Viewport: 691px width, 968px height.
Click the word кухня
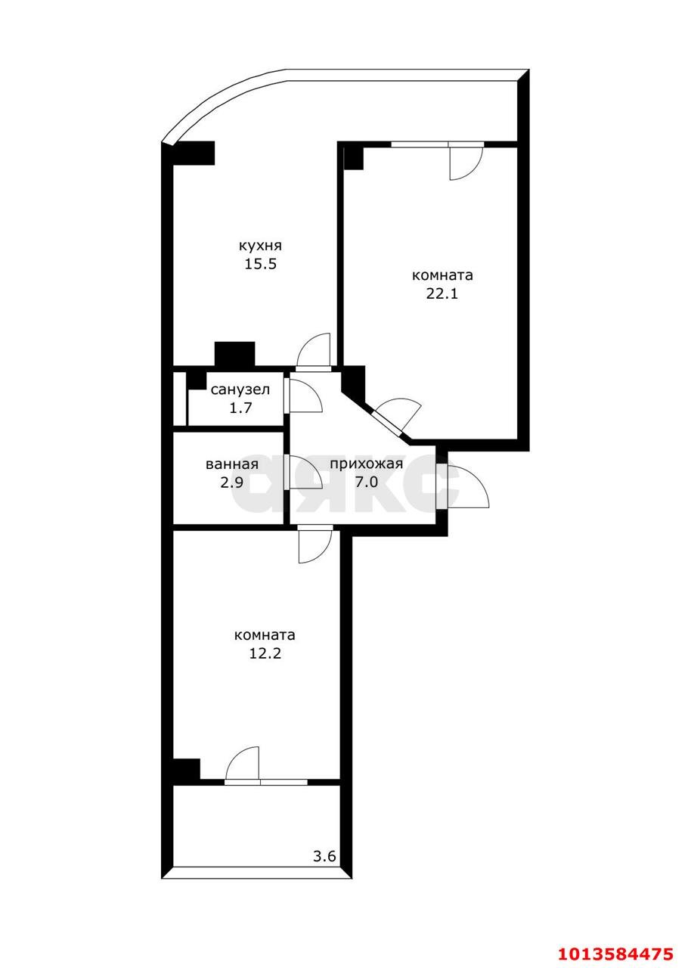click(260, 247)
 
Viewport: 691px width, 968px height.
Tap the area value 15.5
click(260, 264)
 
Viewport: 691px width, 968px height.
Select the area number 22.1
click(442, 293)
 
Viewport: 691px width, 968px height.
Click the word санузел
click(240, 389)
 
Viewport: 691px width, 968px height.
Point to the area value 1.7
click(240, 408)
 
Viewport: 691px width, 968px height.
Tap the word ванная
click(232, 464)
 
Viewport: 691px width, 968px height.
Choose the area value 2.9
click(232, 482)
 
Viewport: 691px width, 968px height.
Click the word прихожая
click(366, 465)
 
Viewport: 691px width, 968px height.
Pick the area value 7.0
click(366, 482)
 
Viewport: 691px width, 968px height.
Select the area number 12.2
click(265, 653)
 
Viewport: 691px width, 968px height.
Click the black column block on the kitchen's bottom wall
click(235, 353)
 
